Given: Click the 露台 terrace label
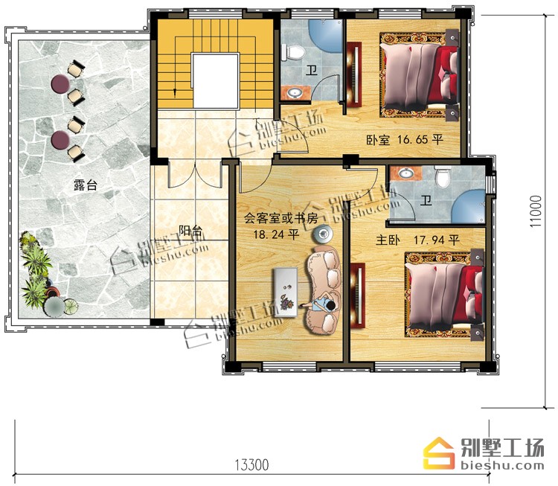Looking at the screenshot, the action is [x=86, y=185].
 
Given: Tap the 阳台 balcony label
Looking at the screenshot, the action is [x=190, y=231].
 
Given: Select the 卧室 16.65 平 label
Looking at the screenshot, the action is [x=405, y=140].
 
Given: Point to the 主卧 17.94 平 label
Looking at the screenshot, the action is [x=417, y=240].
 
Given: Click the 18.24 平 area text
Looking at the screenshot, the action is [x=276, y=234].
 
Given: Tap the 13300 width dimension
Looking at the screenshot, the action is [x=251, y=465].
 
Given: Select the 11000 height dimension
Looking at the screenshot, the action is [x=535, y=211].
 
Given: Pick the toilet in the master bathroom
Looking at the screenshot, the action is [x=443, y=176].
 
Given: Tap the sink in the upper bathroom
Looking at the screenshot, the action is [x=295, y=93].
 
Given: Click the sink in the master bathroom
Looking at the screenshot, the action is [x=405, y=173].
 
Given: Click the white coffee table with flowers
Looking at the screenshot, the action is [x=285, y=292].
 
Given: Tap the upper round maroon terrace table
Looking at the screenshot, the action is [x=60, y=83].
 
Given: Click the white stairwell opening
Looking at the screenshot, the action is [x=215, y=80].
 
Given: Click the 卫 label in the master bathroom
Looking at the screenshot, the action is [x=426, y=200].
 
